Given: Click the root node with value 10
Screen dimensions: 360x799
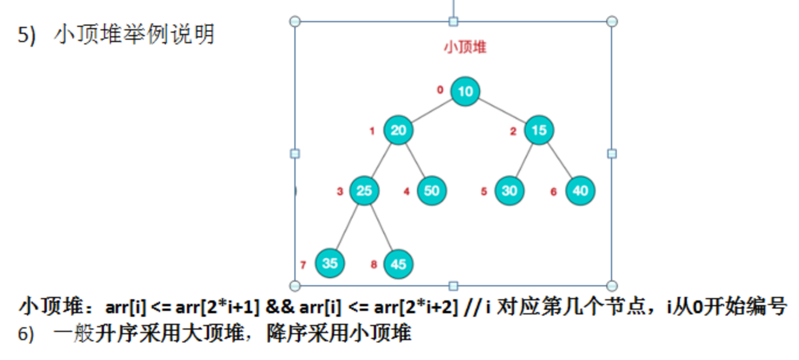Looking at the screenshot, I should click(465, 91).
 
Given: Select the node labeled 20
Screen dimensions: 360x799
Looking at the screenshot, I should click(398, 130).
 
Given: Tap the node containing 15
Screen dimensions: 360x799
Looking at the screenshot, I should click(539, 130).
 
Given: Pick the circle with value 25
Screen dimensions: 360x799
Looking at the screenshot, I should click(364, 191).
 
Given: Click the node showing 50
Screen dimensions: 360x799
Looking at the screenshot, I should click(432, 191).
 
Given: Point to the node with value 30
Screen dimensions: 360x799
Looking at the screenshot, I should click(509, 191).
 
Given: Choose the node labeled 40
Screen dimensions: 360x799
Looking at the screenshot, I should click(580, 191).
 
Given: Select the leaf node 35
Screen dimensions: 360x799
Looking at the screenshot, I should click(330, 263).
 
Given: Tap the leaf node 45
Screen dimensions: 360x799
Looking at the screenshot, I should click(398, 264).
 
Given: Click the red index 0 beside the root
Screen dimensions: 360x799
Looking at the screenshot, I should click(440, 90).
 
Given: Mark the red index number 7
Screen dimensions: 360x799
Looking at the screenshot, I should click(303, 265).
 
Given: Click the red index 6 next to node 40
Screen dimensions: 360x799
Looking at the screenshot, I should click(554, 192).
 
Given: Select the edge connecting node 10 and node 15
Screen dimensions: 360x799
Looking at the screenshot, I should click(502, 110).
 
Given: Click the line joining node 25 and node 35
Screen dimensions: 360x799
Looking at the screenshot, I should click(347, 227).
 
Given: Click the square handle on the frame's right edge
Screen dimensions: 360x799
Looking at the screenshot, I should click(612, 153).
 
